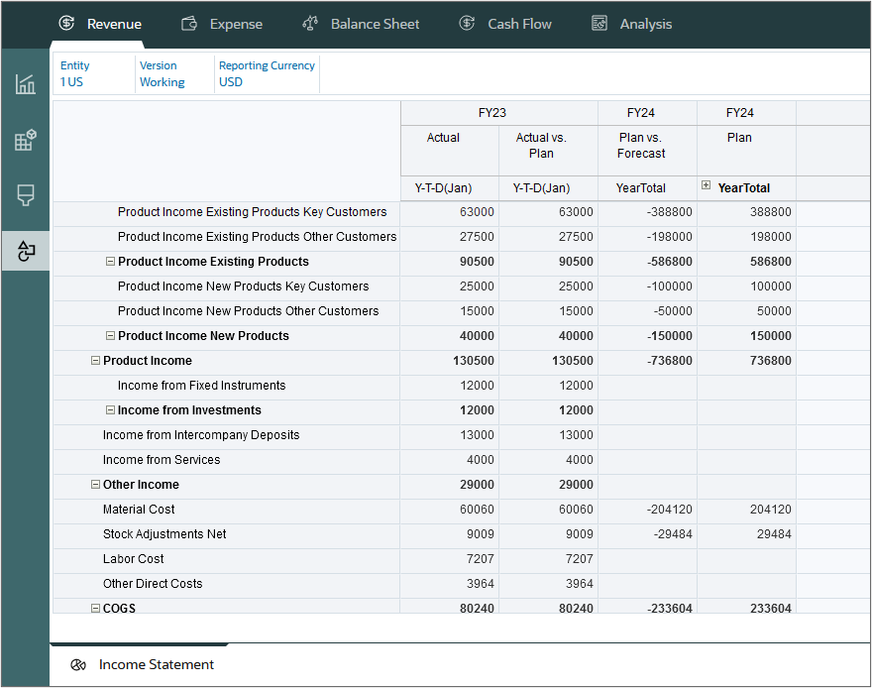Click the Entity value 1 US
(x=71, y=82)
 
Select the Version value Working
(x=162, y=82)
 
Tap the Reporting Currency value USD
(x=231, y=82)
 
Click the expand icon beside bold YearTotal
(x=706, y=186)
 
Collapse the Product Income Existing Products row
(x=110, y=262)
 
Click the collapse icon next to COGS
(x=95, y=608)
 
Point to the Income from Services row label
(x=162, y=460)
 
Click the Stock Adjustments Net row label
(x=164, y=534)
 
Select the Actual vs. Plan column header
(x=548, y=146)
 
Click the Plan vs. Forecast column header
(x=646, y=146)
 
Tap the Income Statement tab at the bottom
(x=156, y=664)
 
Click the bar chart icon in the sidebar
(x=26, y=84)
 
